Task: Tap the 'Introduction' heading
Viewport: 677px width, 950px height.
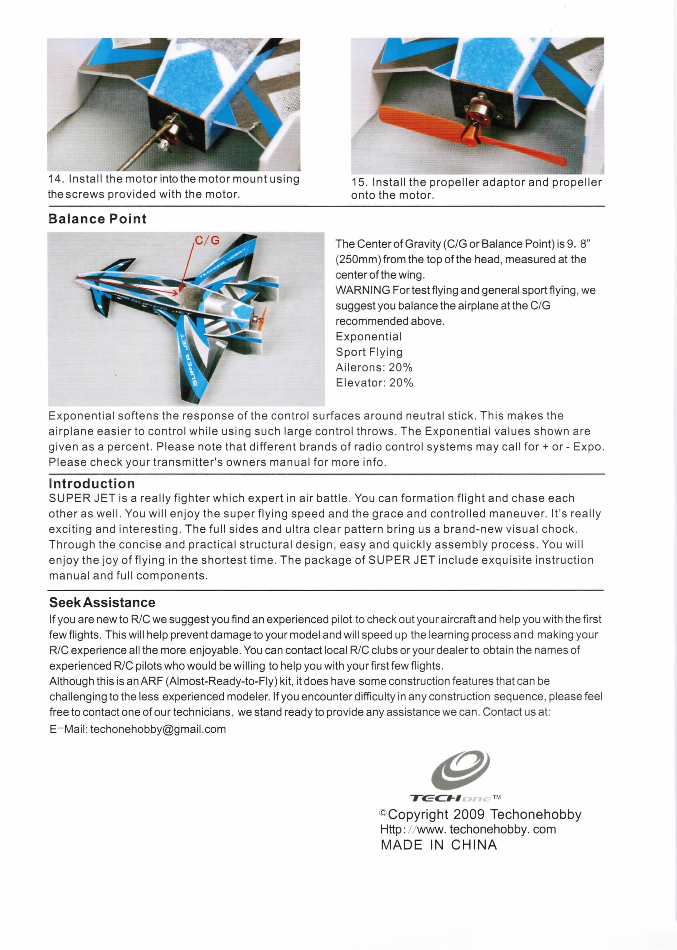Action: [92, 483]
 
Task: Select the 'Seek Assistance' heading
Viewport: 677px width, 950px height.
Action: [102, 602]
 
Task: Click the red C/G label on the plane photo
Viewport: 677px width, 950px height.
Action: [207, 241]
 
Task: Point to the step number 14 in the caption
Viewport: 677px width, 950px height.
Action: [55, 179]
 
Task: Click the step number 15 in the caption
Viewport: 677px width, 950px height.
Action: [358, 183]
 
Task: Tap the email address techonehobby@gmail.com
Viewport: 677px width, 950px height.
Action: [158, 729]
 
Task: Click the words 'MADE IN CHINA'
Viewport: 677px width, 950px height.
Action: [439, 845]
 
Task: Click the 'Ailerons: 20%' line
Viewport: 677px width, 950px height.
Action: [374, 367]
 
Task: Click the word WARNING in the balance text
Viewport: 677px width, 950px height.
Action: [363, 290]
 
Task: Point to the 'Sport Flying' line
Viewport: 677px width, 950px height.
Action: [369, 352]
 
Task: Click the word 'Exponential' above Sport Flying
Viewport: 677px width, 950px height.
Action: [369, 336]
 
